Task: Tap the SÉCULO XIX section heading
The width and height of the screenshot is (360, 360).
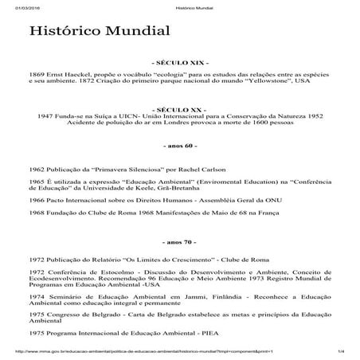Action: coord(179,61)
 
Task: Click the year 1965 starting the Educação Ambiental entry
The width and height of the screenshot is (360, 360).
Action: coord(37,182)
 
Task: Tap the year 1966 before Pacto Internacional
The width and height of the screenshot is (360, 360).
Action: coord(37,202)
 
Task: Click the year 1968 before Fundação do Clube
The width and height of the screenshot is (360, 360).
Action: coord(37,214)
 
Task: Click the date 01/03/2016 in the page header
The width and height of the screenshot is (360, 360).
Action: coord(17,4)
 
